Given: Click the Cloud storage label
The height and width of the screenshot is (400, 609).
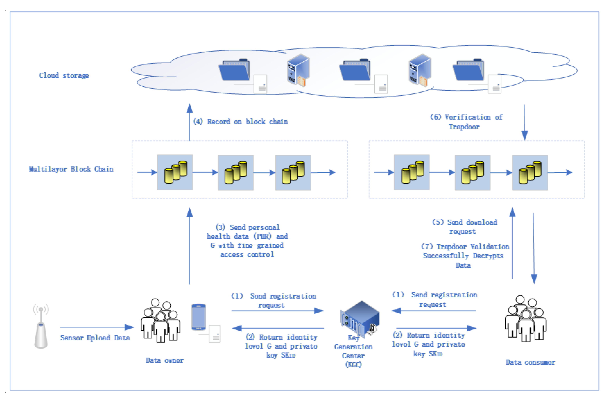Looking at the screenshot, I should pyautogui.click(x=64, y=75).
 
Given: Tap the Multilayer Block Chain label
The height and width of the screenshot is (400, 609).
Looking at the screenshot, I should pyautogui.click(x=71, y=169).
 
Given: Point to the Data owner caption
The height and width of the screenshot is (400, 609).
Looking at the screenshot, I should pyautogui.click(x=164, y=360).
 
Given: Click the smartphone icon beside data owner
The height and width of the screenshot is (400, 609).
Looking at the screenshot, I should pyautogui.click(x=199, y=317).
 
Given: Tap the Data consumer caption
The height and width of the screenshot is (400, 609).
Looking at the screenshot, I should pyautogui.click(x=530, y=362).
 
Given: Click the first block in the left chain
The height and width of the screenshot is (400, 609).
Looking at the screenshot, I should pyautogui.click(x=175, y=172).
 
